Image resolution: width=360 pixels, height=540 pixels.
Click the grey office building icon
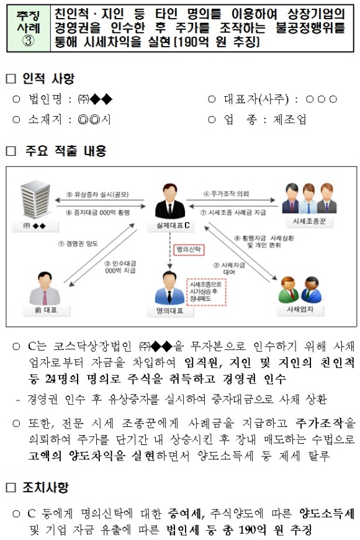tap(36, 200)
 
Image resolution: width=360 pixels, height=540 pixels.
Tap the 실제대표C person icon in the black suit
tap(169, 202)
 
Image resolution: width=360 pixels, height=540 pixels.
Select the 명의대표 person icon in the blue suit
tap(169, 288)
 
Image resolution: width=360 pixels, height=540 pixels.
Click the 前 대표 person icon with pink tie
tap(45, 289)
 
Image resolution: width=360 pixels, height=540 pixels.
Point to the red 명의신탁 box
tap(189, 250)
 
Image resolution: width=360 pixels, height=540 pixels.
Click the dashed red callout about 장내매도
tap(206, 292)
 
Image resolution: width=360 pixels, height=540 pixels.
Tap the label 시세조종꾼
tap(308, 221)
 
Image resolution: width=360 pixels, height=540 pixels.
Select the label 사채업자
tap(300, 309)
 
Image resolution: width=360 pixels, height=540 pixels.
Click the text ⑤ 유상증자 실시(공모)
tap(97, 194)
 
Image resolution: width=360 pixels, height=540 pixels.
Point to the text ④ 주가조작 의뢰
tap(226, 194)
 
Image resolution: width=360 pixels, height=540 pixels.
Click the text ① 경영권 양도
tap(78, 244)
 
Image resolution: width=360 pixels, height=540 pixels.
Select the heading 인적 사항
tap(48, 79)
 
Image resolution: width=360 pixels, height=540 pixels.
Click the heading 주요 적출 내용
tap(65, 150)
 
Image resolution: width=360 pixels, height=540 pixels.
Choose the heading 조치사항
tap(45, 487)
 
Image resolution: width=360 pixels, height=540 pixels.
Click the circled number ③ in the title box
tap(29, 41)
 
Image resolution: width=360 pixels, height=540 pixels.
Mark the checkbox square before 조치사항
tap(11, 487)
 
